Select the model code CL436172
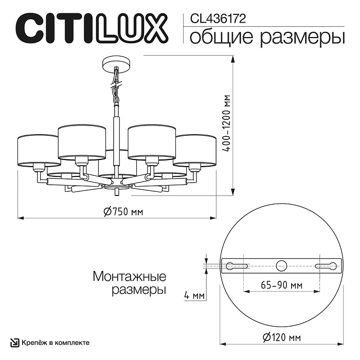[218, 19]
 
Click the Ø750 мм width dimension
[122, 211]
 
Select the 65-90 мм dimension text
[281, 285]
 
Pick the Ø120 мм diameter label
[281, 337]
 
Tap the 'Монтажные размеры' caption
[129, 283]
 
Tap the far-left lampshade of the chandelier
[38, 150]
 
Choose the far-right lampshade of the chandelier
[195, 150]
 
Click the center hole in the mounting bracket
[281, 266]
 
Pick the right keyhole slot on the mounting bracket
[326, 266]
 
